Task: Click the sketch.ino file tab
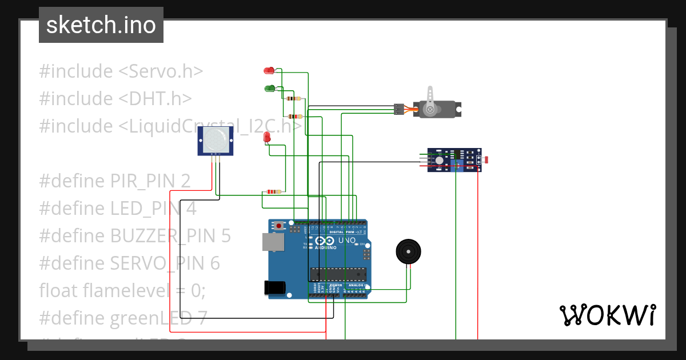click(101, 25)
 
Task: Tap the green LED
click(269, 89)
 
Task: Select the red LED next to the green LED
click(268, 70)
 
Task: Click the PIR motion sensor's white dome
click(215, 139)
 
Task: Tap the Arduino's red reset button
click(278, 226)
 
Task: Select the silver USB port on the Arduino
click(273, 242)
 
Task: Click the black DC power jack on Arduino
click(274, 288)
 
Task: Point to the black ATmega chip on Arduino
click(337, 274)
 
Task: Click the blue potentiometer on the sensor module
click(457, 166)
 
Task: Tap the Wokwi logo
click(607, 315)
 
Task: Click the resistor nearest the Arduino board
click(274, 191)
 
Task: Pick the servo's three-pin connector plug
click(398, 108)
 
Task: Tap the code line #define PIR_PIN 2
click(114, 181)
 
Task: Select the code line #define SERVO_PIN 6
click(129, 263)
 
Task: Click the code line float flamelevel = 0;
click(122, 291)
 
